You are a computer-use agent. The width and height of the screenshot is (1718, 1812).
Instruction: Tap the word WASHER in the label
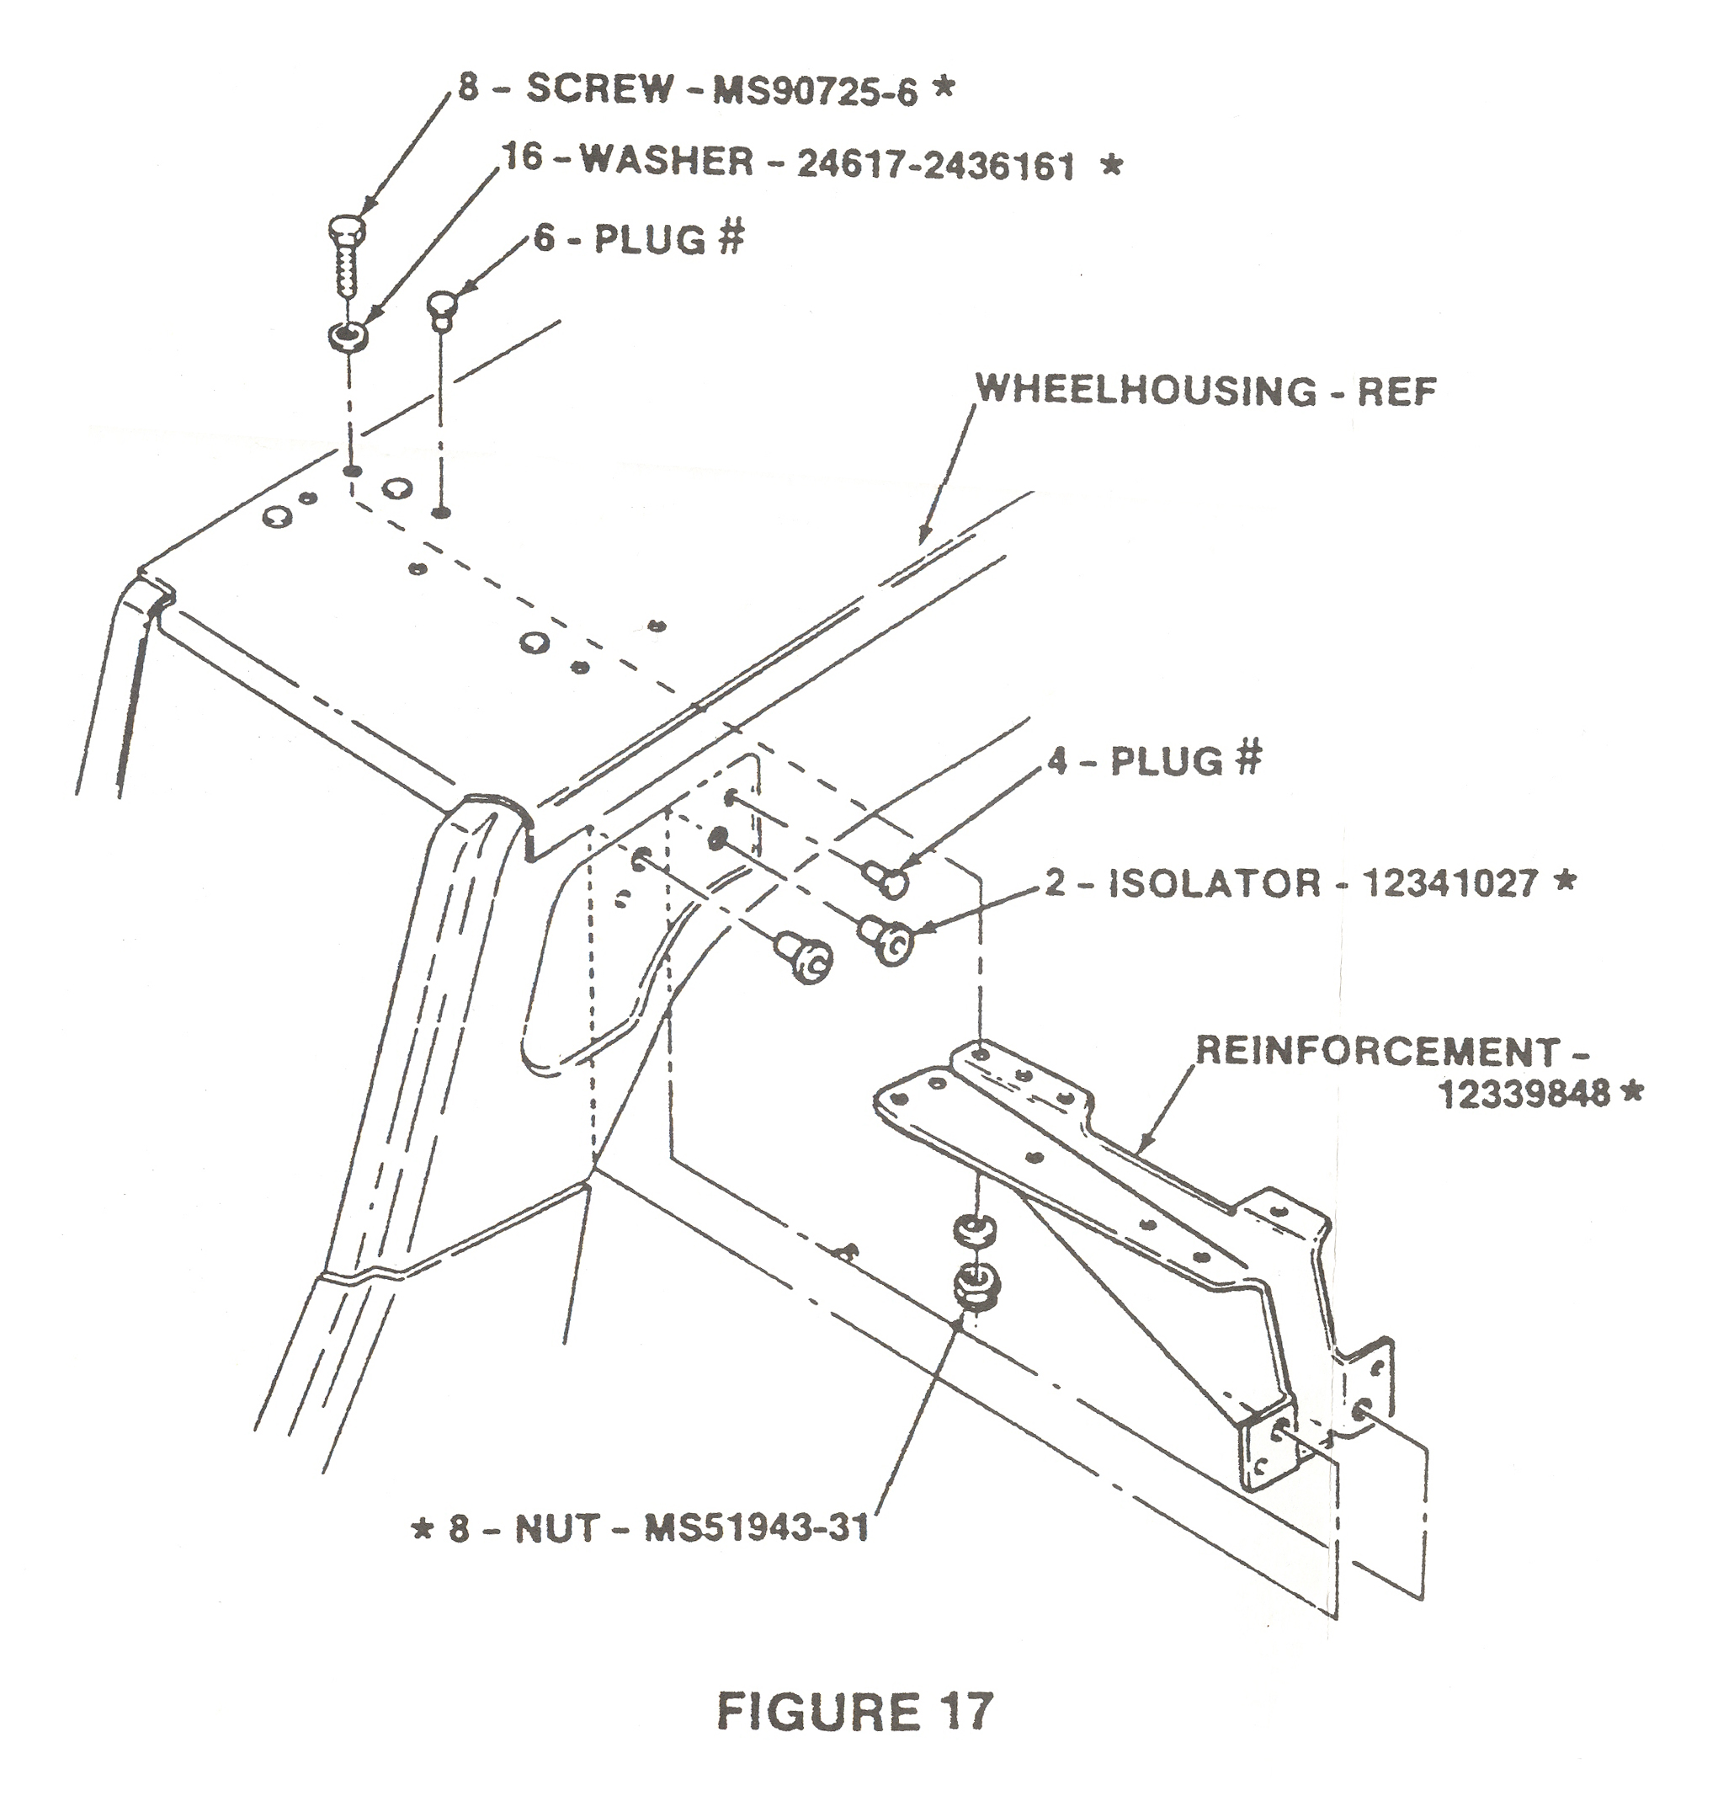(667, 163)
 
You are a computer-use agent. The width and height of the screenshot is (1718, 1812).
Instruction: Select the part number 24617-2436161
(936, 166)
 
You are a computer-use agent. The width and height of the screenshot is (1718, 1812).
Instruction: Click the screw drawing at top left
(345, 253)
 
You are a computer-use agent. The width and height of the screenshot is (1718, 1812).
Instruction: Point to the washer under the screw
(348, 335)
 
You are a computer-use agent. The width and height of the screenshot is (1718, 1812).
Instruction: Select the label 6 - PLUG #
(638, 239)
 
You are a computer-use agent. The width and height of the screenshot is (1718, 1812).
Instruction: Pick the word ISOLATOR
(1215, 884)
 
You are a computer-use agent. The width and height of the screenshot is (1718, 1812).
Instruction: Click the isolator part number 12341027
(1449, 884)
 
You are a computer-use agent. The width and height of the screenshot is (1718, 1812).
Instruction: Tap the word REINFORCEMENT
(1377, 1051)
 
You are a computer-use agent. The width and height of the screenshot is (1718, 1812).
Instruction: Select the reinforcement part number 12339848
(1524, 1094)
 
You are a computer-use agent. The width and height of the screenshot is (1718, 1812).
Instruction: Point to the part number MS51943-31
(757, 1530)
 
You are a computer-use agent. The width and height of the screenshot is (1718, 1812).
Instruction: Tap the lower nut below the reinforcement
(975, 1287)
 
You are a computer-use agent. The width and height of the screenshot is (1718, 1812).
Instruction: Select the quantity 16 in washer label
(521, 157)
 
